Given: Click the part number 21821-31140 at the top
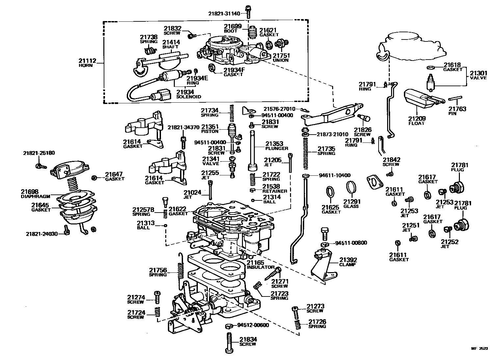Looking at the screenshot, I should tap(226, 13).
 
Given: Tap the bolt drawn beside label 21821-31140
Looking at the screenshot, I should tap(249, 11).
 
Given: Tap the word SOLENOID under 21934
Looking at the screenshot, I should tap(188, 97).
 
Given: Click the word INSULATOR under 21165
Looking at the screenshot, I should tap(260, 267).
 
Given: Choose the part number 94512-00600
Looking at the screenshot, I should tap(253, 325).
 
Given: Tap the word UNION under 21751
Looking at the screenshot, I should tap(280, 60).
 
